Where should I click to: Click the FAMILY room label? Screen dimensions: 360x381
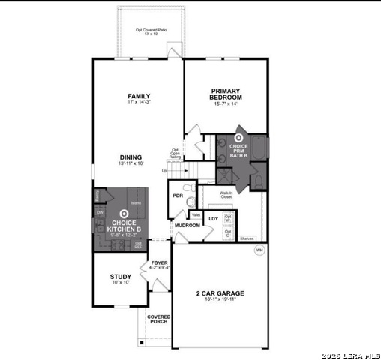click(139, 96)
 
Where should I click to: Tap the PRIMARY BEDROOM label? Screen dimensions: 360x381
click(226, 94)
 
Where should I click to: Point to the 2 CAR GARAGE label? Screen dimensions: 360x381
click(220, 293)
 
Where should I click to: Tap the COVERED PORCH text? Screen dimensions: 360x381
click(159, 319)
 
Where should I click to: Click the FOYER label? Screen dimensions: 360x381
click(159, 262)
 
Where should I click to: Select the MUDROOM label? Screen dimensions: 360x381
click(187, 225)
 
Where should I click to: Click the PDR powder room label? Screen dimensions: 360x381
click(178, 196)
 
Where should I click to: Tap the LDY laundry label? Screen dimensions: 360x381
click(213, 219)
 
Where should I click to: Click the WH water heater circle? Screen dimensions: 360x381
click(259, 249)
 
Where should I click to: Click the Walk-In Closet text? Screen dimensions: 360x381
click(226, 195)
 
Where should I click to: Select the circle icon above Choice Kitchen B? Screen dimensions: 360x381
click(124, 214)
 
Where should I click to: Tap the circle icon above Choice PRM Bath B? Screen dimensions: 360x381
click(239, 137)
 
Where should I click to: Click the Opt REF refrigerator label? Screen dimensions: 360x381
click(138, 244)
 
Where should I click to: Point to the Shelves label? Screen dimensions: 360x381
click(247, 238)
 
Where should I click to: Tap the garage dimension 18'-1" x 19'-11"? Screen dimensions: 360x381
click(220, 300)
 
